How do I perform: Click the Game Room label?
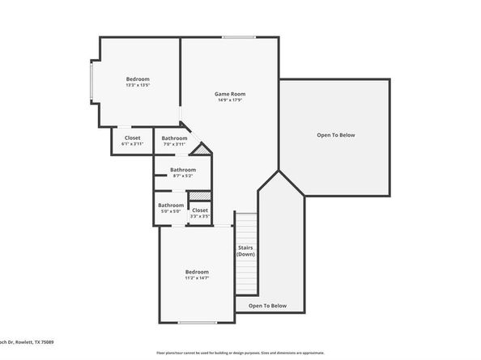click(230, 94)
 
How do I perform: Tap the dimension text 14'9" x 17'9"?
click(230, 100)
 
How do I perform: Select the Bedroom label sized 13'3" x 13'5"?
click(138, 78)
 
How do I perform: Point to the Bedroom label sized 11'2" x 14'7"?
click(197, 271)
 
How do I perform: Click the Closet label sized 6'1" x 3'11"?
click(132, 138)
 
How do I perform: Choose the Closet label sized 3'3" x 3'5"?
click(200, 210)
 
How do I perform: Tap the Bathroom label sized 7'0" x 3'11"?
click(174, 138)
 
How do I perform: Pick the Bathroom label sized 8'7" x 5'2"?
click(182, 169)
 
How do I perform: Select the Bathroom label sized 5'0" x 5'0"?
click(170, 205)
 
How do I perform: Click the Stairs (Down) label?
click(246, 251)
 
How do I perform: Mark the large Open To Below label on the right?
click(335, 135)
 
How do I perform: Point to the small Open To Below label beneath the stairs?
click(267, 306)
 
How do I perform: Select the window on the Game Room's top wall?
click(239, 37)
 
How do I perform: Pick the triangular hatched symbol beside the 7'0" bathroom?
click(204, 150)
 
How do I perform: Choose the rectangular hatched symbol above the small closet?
click(200, 196)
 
